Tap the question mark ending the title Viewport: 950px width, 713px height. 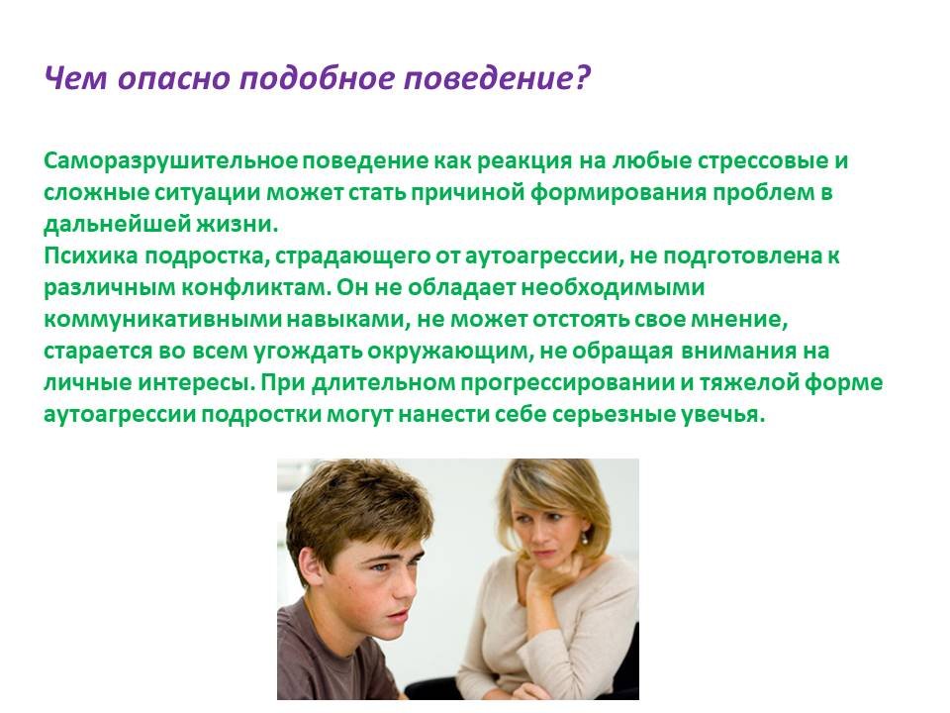pyautogui.click(x=582, y=76)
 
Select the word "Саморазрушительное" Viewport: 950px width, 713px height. pyautogui.click(x=171, y=161)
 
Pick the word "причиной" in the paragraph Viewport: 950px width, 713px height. pyautogui.click(x=468, y=193)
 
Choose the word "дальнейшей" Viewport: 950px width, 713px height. pyautogui.click(x=117, y=225)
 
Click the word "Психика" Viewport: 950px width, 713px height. pyautogui.click(x=91, y=255)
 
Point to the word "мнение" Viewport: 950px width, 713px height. pyautogui.click(x=740, y=320)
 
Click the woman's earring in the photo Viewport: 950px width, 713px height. pyautogui.click(x=585, y=538)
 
